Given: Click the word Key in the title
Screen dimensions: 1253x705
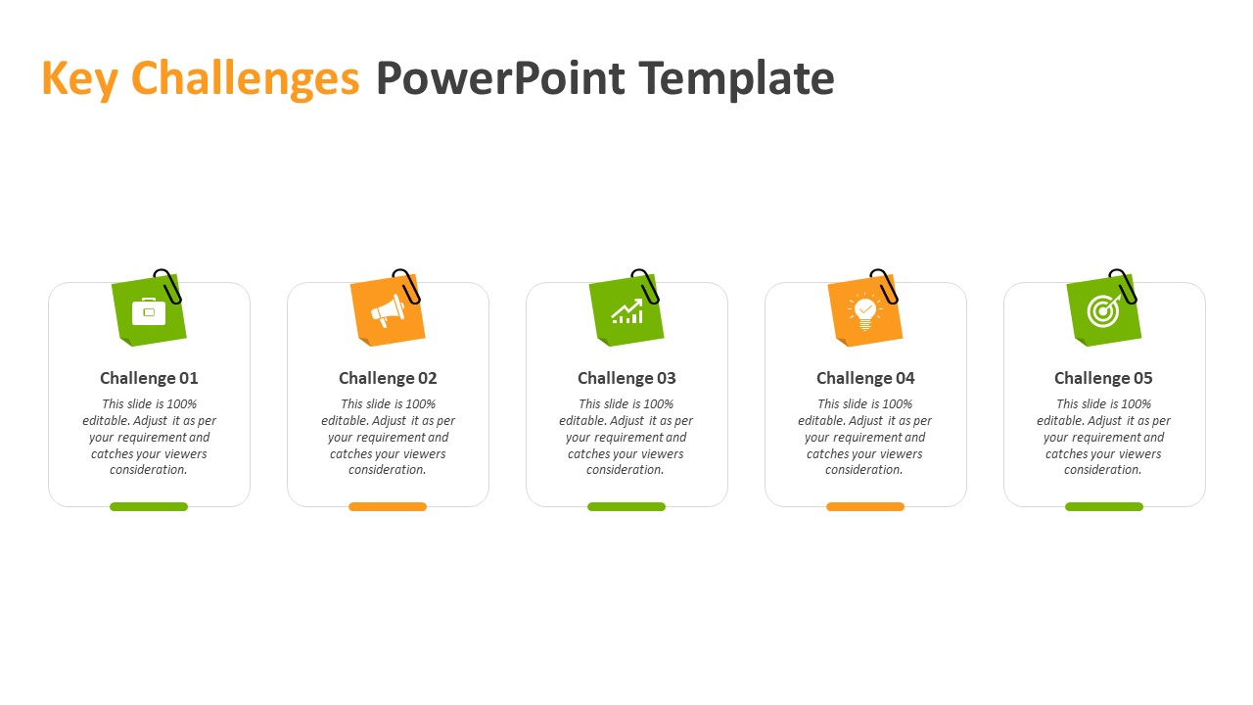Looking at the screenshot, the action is [x=80, y=79].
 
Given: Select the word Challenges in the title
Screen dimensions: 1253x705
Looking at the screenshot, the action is [x=245, y=79].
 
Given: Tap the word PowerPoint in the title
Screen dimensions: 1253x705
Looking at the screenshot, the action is [x=500, y=78].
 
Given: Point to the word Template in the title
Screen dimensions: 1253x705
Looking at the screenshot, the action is [x=737, y=79].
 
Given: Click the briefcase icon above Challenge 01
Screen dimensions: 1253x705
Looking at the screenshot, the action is [x=149, y=311].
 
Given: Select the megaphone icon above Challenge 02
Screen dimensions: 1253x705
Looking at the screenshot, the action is [x=389, y=311].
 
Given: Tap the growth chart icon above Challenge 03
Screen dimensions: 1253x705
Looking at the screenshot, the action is [x=627, y=311].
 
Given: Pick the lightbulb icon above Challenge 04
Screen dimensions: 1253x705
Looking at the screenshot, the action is [x=864, y=311].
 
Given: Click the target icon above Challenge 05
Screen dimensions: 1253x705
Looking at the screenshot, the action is [x=1103, y=311].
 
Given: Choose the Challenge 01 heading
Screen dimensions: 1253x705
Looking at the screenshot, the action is [x=149, y=378].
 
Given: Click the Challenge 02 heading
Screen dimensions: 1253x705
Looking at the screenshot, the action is [x=388, y=378].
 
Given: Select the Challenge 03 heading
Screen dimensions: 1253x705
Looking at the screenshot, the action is [x=626, y=378].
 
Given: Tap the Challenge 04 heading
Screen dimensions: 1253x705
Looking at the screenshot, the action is [x=865, y=378].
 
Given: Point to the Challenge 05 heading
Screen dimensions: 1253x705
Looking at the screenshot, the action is [x=1103, y=378].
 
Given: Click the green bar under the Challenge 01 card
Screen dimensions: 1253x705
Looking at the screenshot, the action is [x=149, y=507].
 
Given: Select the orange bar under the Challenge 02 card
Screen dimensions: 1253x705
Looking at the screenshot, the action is [x=388, y=507].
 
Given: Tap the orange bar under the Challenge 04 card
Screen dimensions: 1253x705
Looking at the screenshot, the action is [x=865, y=507].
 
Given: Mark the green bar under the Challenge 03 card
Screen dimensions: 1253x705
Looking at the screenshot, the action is [x=626, y=507].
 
